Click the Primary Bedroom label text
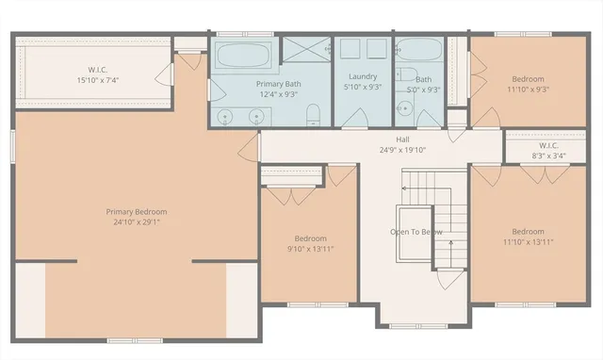pos(137,212)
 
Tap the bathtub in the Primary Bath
pos(243,55)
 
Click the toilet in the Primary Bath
pos(316,115)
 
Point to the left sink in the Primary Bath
pos(226,116)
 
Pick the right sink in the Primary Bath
pos(256,116)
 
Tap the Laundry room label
pos(363,76)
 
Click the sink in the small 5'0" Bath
pos(407,112)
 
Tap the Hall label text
pos(375,139)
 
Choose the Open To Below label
pos(416,231)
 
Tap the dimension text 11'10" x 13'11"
pos(528,242)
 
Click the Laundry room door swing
pos(355,118)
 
